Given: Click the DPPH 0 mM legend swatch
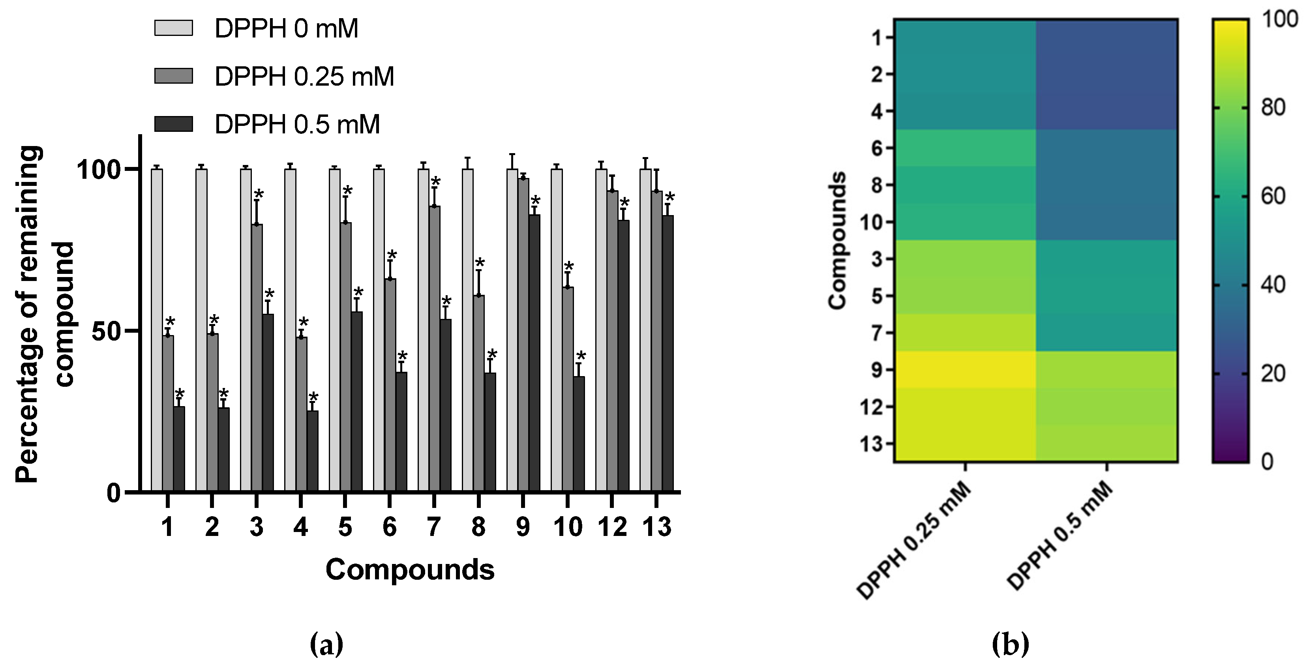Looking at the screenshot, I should [174, 28].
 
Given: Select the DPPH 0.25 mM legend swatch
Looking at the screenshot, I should [174, 76].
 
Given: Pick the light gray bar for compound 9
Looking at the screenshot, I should [512, 330].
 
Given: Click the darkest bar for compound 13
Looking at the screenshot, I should [668, 354].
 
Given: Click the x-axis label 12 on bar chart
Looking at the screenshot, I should [612, 528].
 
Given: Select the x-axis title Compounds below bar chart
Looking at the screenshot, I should [409, 569].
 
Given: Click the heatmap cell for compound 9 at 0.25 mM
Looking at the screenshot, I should [964, 370].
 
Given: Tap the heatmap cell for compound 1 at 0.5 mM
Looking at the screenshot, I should [1106, 37].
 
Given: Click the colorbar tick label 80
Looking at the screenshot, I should [1273, 108].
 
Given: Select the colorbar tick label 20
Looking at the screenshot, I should [1273, 374].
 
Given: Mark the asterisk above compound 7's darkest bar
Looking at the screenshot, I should [446, 300].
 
